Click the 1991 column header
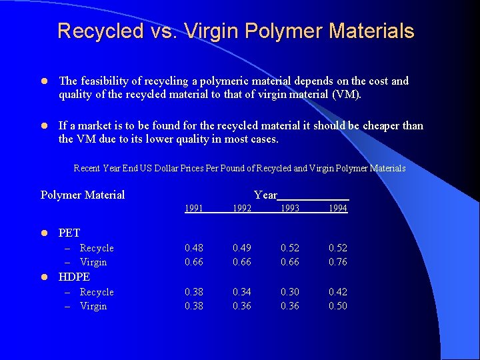194,209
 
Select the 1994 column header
338,209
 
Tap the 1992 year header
242,209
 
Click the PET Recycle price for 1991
194,248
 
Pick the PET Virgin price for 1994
338,262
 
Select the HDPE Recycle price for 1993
290,292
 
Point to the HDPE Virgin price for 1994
338,306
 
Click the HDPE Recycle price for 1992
242,292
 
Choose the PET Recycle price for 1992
242,248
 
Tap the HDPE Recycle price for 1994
338,292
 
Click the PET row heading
69,233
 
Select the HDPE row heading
74,277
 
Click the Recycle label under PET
97,248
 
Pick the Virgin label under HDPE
93,306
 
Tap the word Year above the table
265,195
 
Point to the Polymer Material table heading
83,195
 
